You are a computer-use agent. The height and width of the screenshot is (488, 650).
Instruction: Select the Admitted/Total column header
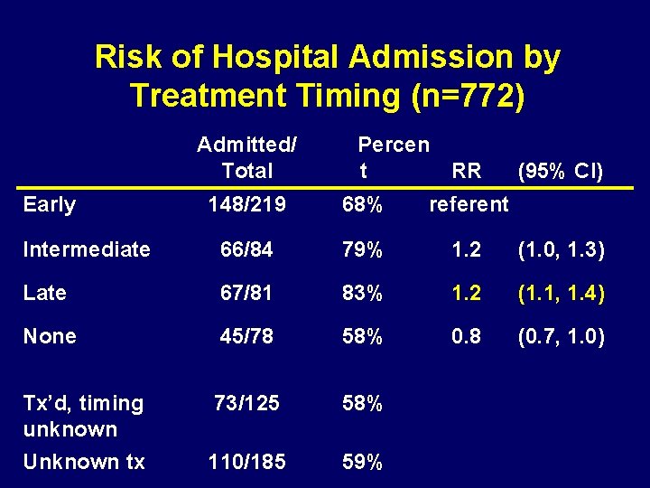point(246,157)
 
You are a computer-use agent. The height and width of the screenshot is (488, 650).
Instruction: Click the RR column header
point(467,171)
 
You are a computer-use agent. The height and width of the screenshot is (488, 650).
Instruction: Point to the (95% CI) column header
point(559,171)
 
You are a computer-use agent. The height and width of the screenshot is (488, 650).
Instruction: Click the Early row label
point(50,205)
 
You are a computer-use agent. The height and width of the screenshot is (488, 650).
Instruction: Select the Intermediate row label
point(87,249)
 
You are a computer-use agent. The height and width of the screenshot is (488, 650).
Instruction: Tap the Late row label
point(45,293)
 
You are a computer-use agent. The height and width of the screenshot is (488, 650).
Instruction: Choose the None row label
point(50,336)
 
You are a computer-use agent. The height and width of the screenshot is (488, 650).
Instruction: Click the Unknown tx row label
point(84,462)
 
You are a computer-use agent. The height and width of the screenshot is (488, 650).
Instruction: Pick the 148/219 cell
point(246,205)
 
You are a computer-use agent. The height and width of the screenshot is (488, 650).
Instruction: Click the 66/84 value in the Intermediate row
point(246,249)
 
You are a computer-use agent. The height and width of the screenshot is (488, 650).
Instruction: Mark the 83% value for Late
point(362,293)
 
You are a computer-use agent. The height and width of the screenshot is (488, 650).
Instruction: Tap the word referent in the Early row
point(469,205)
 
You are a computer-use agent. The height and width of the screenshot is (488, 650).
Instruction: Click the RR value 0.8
point(467,336)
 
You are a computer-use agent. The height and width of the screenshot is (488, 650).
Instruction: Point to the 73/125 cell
point(246,403)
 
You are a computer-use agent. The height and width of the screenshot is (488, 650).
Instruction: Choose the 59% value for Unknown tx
point(362,462)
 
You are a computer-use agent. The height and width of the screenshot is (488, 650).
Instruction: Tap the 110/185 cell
point(246,462)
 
